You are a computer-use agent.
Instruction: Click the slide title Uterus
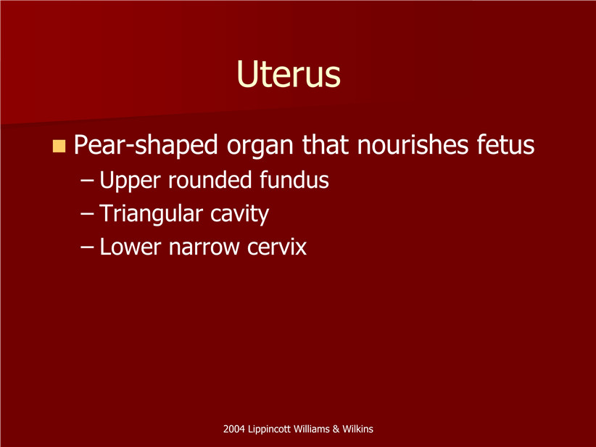coord(288,74)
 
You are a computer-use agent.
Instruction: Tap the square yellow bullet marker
coord(59,146)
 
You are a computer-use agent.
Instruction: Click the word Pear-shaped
coord(146,145)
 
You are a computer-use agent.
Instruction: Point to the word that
coord(326,144)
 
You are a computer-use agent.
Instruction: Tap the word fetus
coord(505,144)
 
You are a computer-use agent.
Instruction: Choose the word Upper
coord(130,181)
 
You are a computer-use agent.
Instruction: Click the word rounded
coord(210,179)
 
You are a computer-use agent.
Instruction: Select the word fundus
coord(294,179)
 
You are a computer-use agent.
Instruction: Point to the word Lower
coord(130,247)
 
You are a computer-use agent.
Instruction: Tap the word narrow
coord(204,248)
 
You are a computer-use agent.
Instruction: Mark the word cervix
coord(277,247)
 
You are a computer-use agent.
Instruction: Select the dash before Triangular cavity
coord(87,214)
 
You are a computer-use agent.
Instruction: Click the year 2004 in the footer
coord(233,429)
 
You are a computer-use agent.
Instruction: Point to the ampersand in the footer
coord(336,429)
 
